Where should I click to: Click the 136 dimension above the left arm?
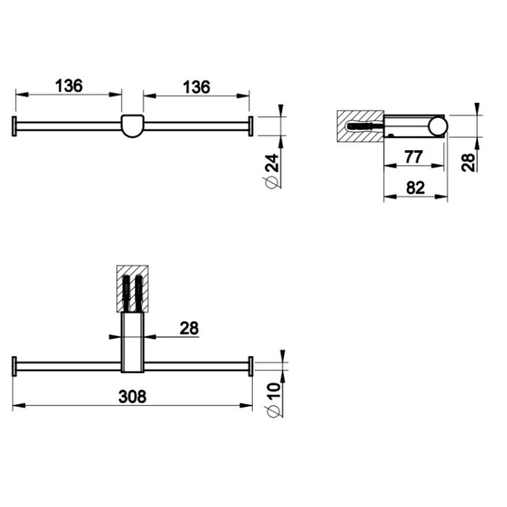[x=69, y=86]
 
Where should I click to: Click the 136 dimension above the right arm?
[x=196, y=86]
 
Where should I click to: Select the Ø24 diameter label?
[x=273, y=172]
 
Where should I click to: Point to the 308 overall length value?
[x=132, y=396]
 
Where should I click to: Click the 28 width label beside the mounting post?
[x=189, y=327]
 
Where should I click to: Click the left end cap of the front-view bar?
[x=14, y=126]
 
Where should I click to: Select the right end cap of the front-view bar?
[x=249, y=126]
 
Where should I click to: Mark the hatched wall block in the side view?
[x=359, y=127]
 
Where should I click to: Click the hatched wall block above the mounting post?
[x=132, y=287]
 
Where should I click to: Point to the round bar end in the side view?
[x=438, y=126]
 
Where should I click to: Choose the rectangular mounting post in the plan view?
[x=132, y=343]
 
